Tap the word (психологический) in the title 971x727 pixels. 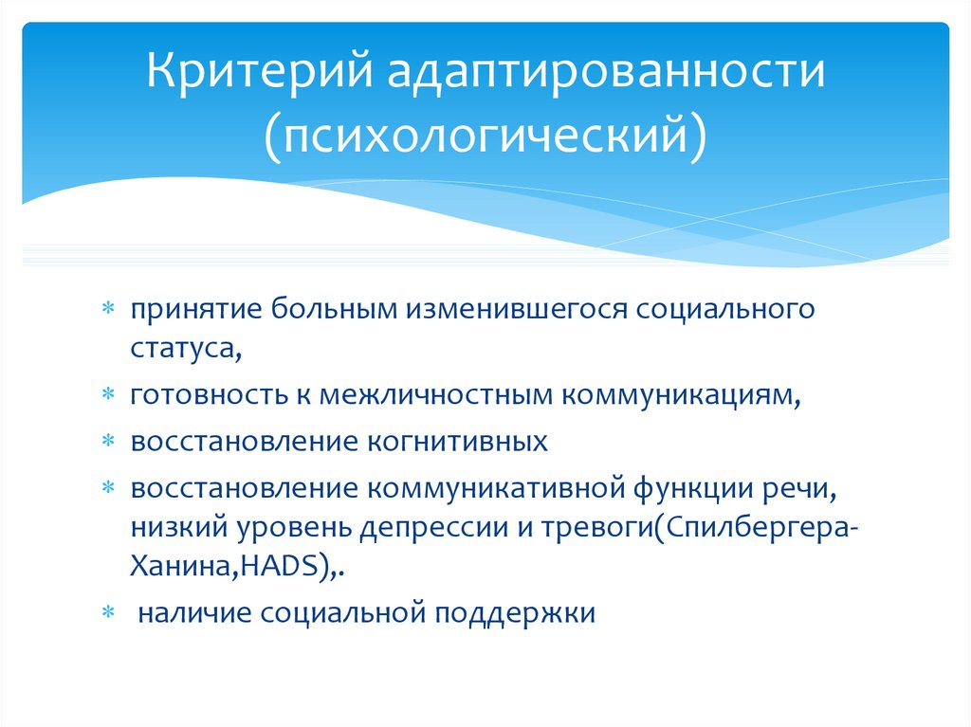[x=485, y=133]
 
